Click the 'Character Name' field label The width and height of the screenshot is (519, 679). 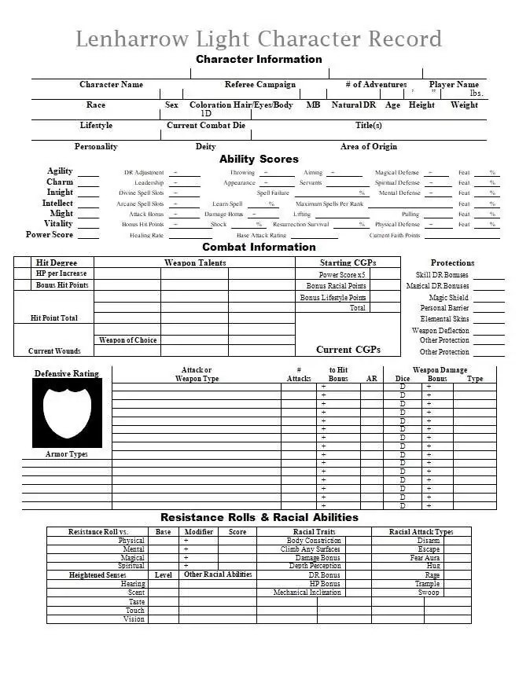(x=111, y=85)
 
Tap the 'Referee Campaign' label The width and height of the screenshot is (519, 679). (x=260, y=85)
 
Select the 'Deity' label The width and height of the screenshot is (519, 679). (x=205, y=147)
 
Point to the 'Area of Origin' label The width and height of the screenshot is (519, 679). (x=368, y=147)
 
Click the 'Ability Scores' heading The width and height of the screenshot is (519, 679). (x=259, y=160)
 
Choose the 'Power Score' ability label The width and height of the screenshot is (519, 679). (x=50, y=235)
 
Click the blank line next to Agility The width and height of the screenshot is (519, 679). (x=88, y=173)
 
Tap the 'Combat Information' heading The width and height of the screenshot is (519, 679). (x=259, y=248)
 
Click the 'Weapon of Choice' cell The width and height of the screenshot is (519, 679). (x=127, y=340)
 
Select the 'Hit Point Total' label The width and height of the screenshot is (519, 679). (x=53, y=318)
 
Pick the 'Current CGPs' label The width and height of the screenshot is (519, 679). (x=348, y=350)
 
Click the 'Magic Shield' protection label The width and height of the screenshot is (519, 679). (x=448, y=298)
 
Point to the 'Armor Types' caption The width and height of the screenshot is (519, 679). (x=67, y=454)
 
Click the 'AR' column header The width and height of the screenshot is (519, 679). (x=372, y=379)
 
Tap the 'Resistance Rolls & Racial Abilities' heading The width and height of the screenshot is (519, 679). (x=259, y=518)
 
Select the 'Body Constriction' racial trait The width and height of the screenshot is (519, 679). (x=314, y=541)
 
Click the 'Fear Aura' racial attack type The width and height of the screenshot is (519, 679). (x=425, y=558)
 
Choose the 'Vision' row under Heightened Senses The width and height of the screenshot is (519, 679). (x=134, y=619)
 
